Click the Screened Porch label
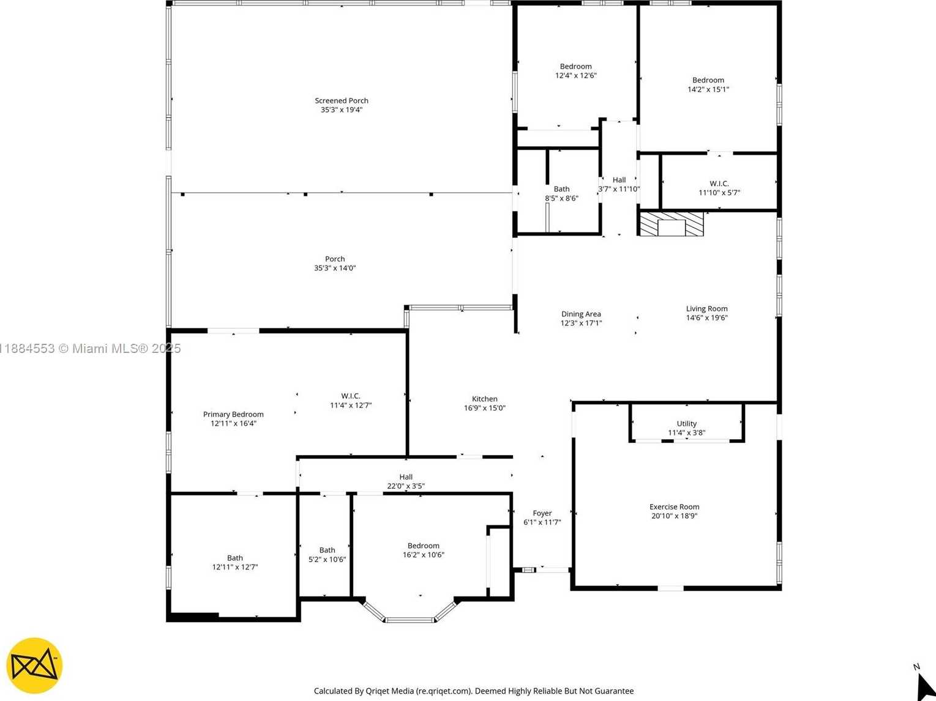pyautogui.click(x=342, y=100)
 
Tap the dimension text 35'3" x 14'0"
pyautogui.click(x=335, y=268)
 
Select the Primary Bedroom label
pyautogui.click(x=233, y=414)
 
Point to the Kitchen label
pyautogui.click(x=484, y=399)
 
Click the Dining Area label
pyautogui.click(x=581, y=314)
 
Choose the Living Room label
pyautogui.click(x=706, y=308)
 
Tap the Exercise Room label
pyautogui.click(x=674, y=506)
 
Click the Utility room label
pyautogui.click(x=686, y=423)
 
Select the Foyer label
pyautogui.click(x=542, y=513)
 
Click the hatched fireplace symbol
pyautogui.click(x=672, y=224)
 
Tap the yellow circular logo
pyautogui.click(x=34, y=666)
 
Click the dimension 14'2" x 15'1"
pyautogui.click(x=708, y=89)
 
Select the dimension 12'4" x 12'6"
pyautogui.click(x=575, y=76)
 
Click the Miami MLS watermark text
pyautogui.click(x=90, y=349)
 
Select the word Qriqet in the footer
pyautogui.click(x=378, y=691)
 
